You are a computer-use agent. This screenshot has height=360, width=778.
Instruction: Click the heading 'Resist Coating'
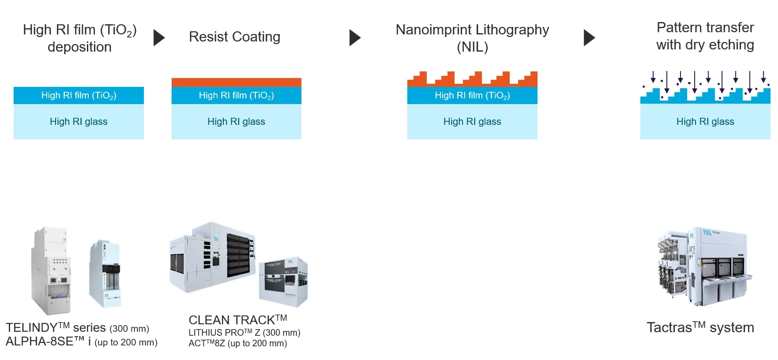coord(234,37)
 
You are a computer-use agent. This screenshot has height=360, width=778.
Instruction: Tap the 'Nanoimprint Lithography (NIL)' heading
coord(472,38)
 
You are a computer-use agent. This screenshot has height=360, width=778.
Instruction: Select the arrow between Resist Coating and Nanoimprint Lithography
coord(355,38)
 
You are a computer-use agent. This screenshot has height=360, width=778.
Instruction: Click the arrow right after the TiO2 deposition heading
coord(159,38)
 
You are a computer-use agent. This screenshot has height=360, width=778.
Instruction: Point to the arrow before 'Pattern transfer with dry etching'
coord(589,38)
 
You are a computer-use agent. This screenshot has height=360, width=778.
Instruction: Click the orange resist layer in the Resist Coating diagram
coord(237,82)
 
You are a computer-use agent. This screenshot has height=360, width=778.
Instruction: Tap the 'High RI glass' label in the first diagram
coord(79,122)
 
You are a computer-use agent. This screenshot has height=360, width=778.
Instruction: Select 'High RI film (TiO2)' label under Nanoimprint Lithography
coord(472,95)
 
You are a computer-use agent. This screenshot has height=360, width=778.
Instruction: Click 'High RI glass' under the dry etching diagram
coord(705,122)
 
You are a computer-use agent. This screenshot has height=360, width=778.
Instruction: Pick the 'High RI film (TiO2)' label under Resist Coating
coord(237,95)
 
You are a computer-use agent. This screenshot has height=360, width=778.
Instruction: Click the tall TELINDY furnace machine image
coord(51,270)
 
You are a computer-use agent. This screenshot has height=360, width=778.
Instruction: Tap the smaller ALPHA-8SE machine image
coord(105,274)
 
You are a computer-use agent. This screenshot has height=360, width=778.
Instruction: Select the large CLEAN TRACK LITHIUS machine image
coord(213,257)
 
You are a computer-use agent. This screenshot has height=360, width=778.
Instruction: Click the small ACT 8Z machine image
coord(283,281)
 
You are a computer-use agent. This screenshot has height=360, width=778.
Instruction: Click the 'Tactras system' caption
coord(700,327)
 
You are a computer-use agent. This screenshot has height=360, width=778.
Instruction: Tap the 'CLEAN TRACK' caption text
coord(238,319)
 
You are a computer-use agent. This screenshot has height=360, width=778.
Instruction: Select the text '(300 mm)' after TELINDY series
coord(129,329)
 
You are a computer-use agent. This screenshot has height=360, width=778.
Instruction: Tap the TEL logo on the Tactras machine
coord(707,232)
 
